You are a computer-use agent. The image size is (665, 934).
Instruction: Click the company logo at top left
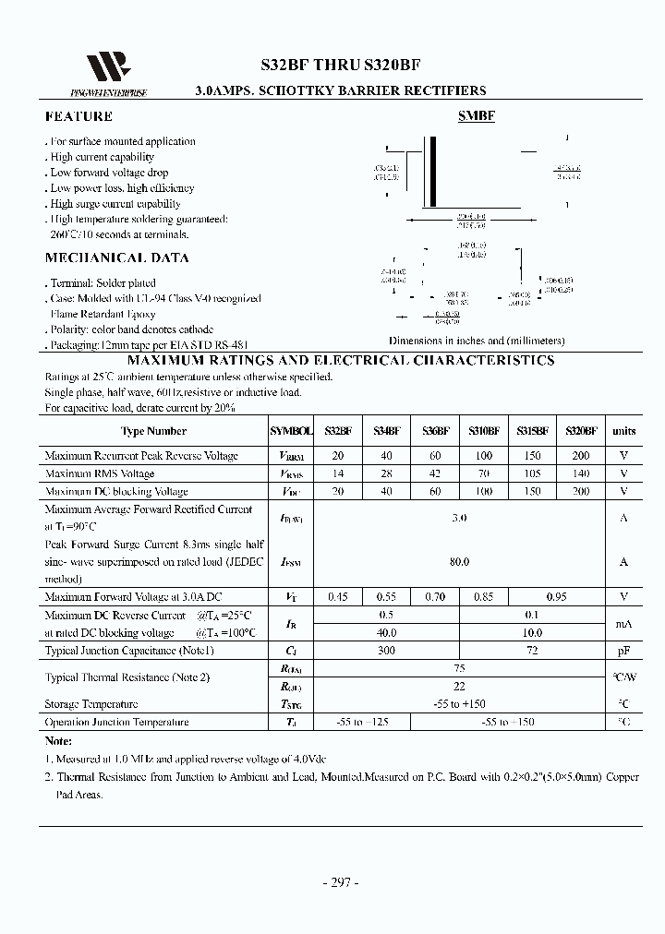[102, 70]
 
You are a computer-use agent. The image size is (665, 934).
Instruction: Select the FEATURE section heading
[79, 117]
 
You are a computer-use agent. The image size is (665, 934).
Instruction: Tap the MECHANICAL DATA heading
[116, 258]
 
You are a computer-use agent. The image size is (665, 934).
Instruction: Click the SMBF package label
[477, 117]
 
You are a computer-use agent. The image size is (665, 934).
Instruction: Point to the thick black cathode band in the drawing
[432, 173]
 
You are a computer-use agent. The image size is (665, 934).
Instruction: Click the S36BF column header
[435, 431]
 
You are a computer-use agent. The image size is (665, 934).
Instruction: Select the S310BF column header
[483, 431]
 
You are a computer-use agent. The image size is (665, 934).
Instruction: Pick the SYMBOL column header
[291, 431]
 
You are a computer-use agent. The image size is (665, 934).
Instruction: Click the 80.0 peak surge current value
[459, 561]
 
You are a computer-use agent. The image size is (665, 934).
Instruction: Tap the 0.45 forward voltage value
[338, 597]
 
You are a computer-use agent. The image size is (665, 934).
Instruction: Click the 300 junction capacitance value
[386, 651]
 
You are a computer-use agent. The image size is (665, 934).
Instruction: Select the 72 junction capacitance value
[531, 651]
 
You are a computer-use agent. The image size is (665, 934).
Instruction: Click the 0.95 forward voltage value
[555, 597]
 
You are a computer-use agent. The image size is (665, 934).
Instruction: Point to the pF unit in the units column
[624, 651]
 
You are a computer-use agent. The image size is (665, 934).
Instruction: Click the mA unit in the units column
[624, 624]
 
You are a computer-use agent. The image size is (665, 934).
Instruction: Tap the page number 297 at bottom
[339, 882]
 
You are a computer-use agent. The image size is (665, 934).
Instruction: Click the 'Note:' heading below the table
[59, 741]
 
